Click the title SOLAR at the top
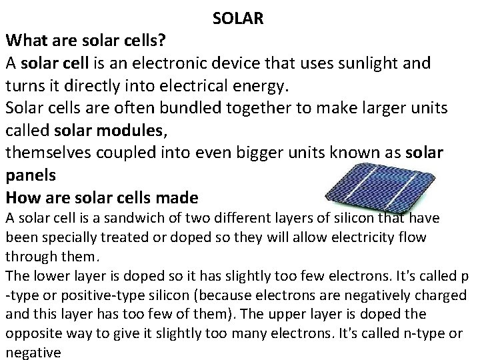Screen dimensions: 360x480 point(239,18)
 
